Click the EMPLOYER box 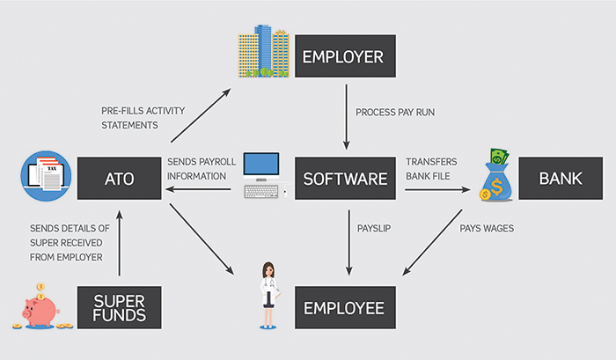(x=343, y=58)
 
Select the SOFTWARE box (x=344, y=179)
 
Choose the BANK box (x=561, y=179)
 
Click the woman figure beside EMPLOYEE (x=264, y=300)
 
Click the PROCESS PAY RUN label (x=394, y=114)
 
